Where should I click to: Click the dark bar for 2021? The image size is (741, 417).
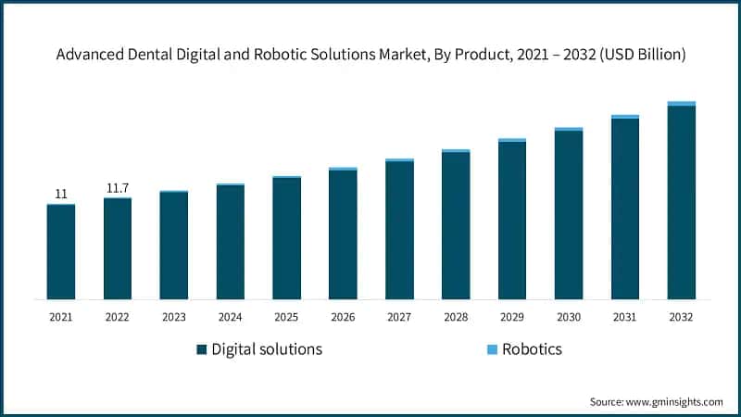[x=61, y=252]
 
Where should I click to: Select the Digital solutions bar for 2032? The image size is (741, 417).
[x=681, y=203]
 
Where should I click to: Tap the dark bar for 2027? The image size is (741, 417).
[x=399, y=231]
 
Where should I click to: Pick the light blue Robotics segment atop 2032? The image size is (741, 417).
[x=681, y=104]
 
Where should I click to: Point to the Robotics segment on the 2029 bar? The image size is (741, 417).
[x=512, y=140]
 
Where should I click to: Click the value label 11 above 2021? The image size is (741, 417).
[x=61, y=194]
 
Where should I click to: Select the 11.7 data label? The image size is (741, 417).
[x=118, y=188]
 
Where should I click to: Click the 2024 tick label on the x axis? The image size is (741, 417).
[x=231, y=317]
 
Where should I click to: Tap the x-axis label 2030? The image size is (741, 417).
[x=569, y=317]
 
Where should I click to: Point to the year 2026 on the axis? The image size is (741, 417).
[x=343, y=317]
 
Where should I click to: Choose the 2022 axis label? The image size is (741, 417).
[x=118, y=317]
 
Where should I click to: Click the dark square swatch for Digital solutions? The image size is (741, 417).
[x=201, y=349]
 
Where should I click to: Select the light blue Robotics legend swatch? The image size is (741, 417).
[x=493, y=349]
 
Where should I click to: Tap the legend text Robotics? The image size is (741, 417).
[x=534, y=349]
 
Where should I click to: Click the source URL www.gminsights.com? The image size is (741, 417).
[x=675, y=401]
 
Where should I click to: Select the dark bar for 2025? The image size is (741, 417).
[x=286, y=238]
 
